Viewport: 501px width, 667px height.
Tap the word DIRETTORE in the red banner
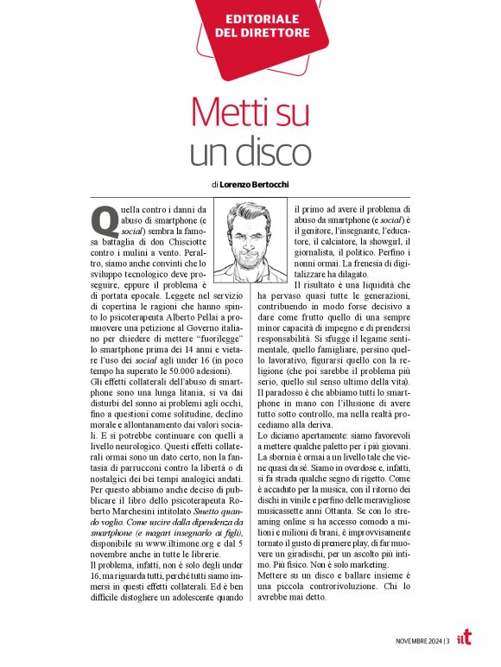click(x=261, y=33)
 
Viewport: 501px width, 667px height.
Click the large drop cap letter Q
click(x=104, y=219)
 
